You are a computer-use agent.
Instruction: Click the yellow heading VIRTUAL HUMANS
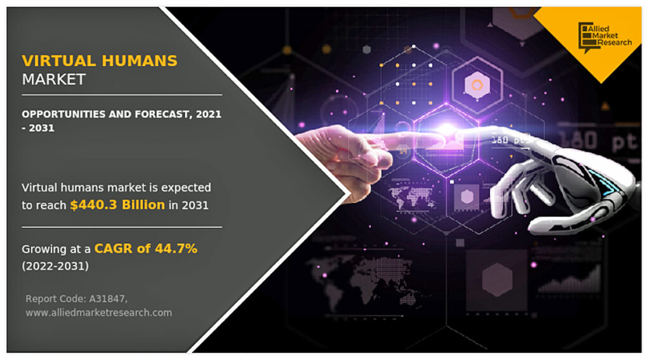(x=100, y=61)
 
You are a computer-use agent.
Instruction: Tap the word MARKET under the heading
(x=53, y=79)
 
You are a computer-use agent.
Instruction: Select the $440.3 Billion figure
(x=117, y=205)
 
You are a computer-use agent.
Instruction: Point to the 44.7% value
(x=176, y=248)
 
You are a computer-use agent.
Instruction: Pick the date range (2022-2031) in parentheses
(x=55, y=266)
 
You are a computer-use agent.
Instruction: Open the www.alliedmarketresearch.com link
(x=98, y=313)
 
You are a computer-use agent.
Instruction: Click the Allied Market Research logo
(x=605, y=36)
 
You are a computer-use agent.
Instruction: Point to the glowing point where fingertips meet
(x=446, y=130)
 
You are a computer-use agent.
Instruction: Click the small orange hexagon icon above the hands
(x=477, y=84)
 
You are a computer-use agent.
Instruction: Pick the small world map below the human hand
(x=413, y=197)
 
